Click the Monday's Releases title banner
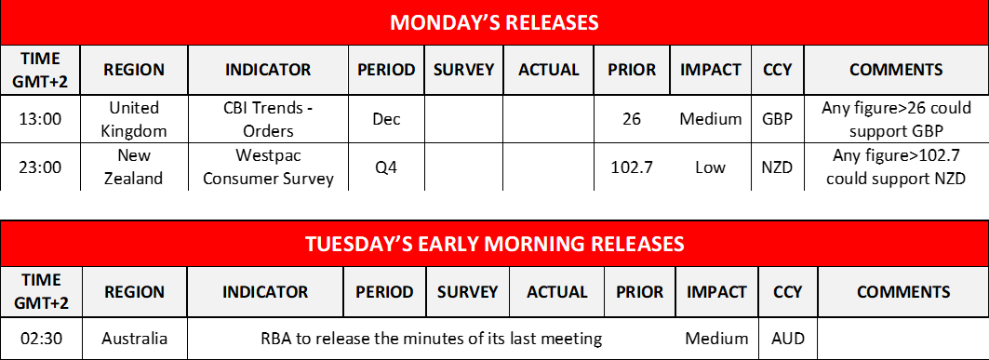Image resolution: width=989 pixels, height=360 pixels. pyautogui.click(x=494, y=22)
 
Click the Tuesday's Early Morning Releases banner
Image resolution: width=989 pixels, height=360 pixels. pyautogui.click(x=494, y=243)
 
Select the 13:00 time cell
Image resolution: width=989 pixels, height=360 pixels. pyautogui.click(x=41, y=118)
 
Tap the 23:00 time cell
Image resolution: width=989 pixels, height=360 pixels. pyautogui.click(x=41, y=167)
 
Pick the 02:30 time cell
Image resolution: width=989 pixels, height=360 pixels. pyautogui.click(x=41, y=339)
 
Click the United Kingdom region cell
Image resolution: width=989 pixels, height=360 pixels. pyautogui.click(x=134, y=118)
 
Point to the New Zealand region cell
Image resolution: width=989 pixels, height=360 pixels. pyautogui.click(x=134, y=167)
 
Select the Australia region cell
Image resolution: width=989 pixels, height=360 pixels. pyautogui.click(x=134, y=339)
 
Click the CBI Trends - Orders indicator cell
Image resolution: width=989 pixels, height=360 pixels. pyautogui.click(x=268, y=118)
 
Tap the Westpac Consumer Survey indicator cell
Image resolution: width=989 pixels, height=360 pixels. pyautogui.click(x=268, y=167)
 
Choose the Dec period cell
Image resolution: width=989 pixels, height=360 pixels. pyautogui.click(x=387, y=118)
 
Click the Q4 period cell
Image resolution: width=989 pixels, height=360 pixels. pyautogui.click(x=387, y=167)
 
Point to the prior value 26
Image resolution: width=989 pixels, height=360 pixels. pyautogui.click(x=632, y=118)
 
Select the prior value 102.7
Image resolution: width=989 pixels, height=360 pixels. pyautogui.click(x=632, y=167)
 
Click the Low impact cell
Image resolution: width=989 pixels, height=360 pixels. pyautogui.click(x=710, y=167)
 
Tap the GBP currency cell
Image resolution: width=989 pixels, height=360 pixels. pyautogui.click(x=778, y=118)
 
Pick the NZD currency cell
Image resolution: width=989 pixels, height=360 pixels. pyautogui.click(x=778, y=167)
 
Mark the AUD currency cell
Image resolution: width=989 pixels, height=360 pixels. pyautogui.click(x=788, y=339)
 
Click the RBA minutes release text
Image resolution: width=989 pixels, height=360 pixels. pyautogui.click(x=432, y=339)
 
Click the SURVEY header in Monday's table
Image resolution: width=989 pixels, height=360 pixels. pyautogui.click(x=463, y=70)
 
